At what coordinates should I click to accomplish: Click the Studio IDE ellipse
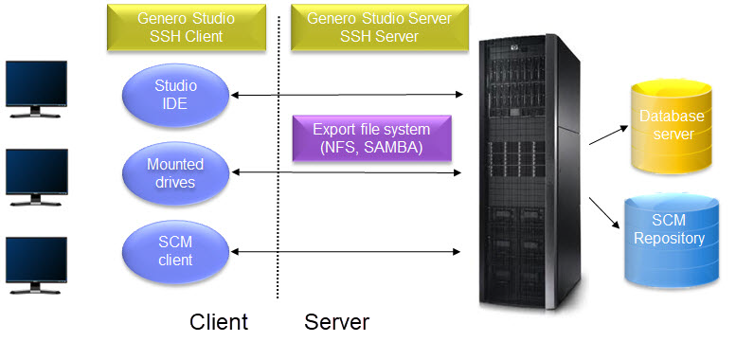tap(175, 94)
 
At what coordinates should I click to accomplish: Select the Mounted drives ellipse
tap(175, 171)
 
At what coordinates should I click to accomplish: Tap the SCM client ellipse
tap(175, 251)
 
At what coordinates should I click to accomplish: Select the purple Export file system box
tap(371, 139)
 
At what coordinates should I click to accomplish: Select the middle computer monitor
tap(36, 174)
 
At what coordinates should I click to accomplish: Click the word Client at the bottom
tap(219, 322)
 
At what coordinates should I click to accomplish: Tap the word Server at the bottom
tap(336, 322)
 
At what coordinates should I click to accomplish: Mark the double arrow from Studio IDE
tap(346, 94)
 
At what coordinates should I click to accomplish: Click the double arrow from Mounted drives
tap(346, 171)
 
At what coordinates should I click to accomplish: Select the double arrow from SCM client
tap(346, 251)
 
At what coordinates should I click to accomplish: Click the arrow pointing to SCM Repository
tap(605, 209)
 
